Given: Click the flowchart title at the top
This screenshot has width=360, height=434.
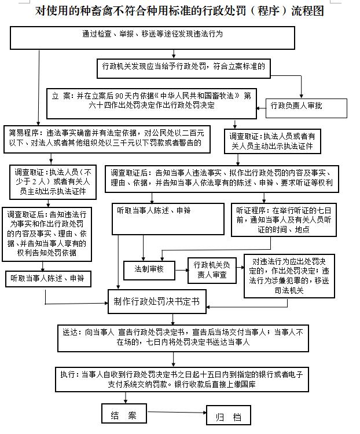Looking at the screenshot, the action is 179,11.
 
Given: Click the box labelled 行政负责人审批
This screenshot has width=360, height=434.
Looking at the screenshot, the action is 306,108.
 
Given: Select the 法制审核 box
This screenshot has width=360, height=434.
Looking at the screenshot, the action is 149,270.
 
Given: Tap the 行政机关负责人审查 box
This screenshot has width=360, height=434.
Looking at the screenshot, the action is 212,271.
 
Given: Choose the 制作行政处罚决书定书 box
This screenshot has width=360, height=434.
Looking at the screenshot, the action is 157,301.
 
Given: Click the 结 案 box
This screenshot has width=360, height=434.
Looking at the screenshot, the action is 124,414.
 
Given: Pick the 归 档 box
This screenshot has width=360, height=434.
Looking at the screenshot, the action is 229,415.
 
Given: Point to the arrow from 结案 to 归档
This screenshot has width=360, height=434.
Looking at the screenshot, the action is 177,413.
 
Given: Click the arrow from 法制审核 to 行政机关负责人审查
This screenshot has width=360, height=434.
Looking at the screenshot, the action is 181,271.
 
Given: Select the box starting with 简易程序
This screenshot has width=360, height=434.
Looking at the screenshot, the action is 106,139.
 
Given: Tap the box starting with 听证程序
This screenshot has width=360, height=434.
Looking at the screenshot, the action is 284,220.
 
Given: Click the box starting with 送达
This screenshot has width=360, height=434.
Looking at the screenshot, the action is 183,338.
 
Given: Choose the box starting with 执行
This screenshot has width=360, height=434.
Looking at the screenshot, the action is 182,380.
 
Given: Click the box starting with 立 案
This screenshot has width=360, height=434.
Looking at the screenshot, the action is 152,104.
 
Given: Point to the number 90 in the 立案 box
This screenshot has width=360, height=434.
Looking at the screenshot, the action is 119,96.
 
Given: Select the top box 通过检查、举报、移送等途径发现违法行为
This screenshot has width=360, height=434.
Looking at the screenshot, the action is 152,38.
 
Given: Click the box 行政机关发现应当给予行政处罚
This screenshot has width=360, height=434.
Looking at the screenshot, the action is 183,68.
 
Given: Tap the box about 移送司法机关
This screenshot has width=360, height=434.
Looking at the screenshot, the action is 289,276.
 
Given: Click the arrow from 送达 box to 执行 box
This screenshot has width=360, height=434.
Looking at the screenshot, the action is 174,359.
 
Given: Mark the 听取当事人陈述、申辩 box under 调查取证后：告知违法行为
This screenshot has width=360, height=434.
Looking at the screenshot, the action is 48,279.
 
